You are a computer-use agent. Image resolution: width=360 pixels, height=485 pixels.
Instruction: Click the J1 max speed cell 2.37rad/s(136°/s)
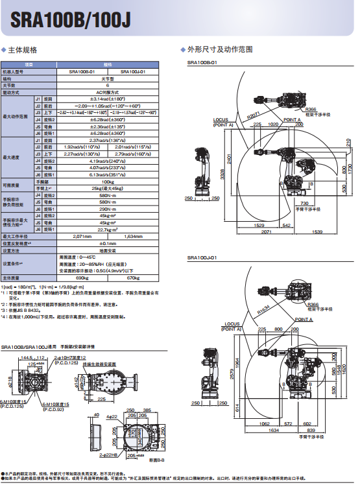pyautogui.click(x=107, y=140)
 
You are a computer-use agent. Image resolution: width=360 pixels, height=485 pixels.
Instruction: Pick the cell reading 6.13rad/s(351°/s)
pyautogui.click(x=107, y=174)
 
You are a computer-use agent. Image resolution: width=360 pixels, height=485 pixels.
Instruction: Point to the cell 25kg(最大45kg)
pyautogui.click(x=107, y=188)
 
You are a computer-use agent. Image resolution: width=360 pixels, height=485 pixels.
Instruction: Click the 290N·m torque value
pyautogui.click(x=107, y=209)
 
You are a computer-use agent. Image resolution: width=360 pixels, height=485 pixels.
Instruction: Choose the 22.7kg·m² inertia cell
pyautogui.click(x=107, y=229)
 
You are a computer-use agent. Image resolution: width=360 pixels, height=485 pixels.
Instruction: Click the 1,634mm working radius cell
pyautogui.click(x=133, y=236)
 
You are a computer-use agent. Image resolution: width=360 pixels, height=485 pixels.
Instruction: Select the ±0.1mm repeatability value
pyautogui.click(x=107, y=243)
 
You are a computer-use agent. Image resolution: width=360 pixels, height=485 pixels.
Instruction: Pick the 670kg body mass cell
pyautogui.click(x=133, y=278)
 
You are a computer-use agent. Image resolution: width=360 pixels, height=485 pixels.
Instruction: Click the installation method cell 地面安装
pyautogui.click(x=107, y=250)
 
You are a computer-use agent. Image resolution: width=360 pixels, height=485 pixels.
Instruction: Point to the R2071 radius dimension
pyautogui.click(x=254, y=115)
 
